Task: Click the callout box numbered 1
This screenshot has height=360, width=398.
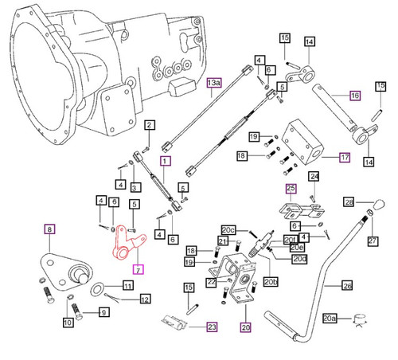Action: pos(166,160)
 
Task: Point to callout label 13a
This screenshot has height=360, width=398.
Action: pos(213,82)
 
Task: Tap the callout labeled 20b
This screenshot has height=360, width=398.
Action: pos(270,281)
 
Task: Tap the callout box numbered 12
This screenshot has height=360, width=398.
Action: pos(144,299)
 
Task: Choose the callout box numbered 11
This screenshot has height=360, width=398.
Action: pos(128,285)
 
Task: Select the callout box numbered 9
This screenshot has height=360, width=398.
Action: pos(103,314)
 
